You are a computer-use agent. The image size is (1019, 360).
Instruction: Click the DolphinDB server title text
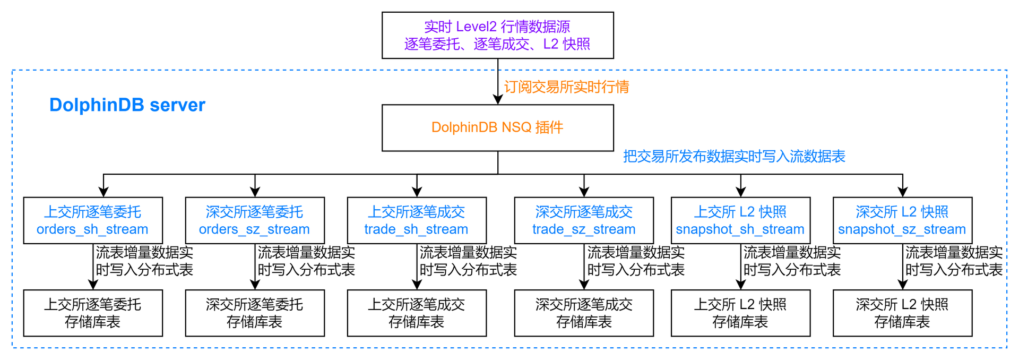tap(127, 105)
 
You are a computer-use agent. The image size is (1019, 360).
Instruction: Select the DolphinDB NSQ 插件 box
tap(497, 128)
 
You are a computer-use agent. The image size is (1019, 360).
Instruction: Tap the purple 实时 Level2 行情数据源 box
tap(497, 35)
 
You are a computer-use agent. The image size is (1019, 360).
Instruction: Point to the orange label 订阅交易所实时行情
tap(566, 87)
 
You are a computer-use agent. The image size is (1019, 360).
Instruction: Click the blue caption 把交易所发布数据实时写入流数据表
tap(734, 156)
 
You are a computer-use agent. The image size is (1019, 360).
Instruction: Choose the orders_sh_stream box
tap(93, 220)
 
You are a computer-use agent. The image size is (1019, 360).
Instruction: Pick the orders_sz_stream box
tap(255, 220)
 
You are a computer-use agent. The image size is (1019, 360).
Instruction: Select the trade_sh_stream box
tap(417, 220)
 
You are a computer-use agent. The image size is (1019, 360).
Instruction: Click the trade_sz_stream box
tap(584, 220)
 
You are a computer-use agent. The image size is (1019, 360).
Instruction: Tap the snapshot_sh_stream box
tap(740, 220)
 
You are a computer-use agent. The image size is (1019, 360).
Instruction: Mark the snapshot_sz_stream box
tap(902, 220)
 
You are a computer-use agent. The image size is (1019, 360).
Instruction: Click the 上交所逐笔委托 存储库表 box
tap(93, 313)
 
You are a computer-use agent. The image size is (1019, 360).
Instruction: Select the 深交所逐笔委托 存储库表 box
tap(255, 313)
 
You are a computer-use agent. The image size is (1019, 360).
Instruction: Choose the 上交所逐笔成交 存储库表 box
tap(417, 313)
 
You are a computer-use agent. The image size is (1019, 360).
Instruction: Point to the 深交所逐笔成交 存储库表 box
tap(584, 313)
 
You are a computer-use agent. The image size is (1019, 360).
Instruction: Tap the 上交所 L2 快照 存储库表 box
tap(740, 313)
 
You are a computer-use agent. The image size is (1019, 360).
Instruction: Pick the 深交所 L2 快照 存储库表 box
tap(902, 313)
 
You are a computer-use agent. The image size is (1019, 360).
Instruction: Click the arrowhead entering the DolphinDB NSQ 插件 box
tap(498, 99)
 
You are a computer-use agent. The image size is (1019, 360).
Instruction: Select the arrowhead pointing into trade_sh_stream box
tap(417, 192)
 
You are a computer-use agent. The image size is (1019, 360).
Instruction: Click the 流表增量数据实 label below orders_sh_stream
tap(144, 252)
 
